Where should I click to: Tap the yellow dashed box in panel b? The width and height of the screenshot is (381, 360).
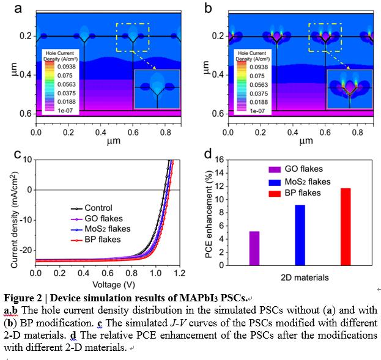coord(325,37)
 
